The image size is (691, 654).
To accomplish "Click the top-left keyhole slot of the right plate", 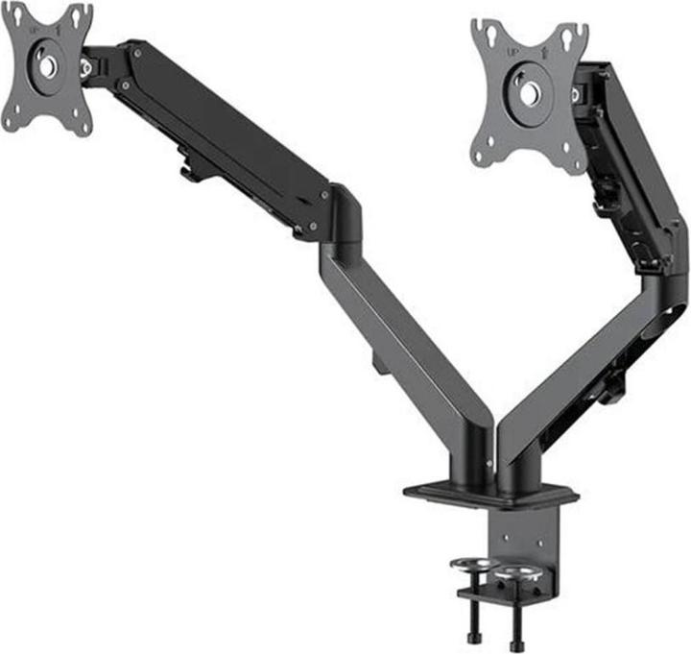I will click(x=485, y=34).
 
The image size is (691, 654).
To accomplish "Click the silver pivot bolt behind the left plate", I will click(x=86, y=67).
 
